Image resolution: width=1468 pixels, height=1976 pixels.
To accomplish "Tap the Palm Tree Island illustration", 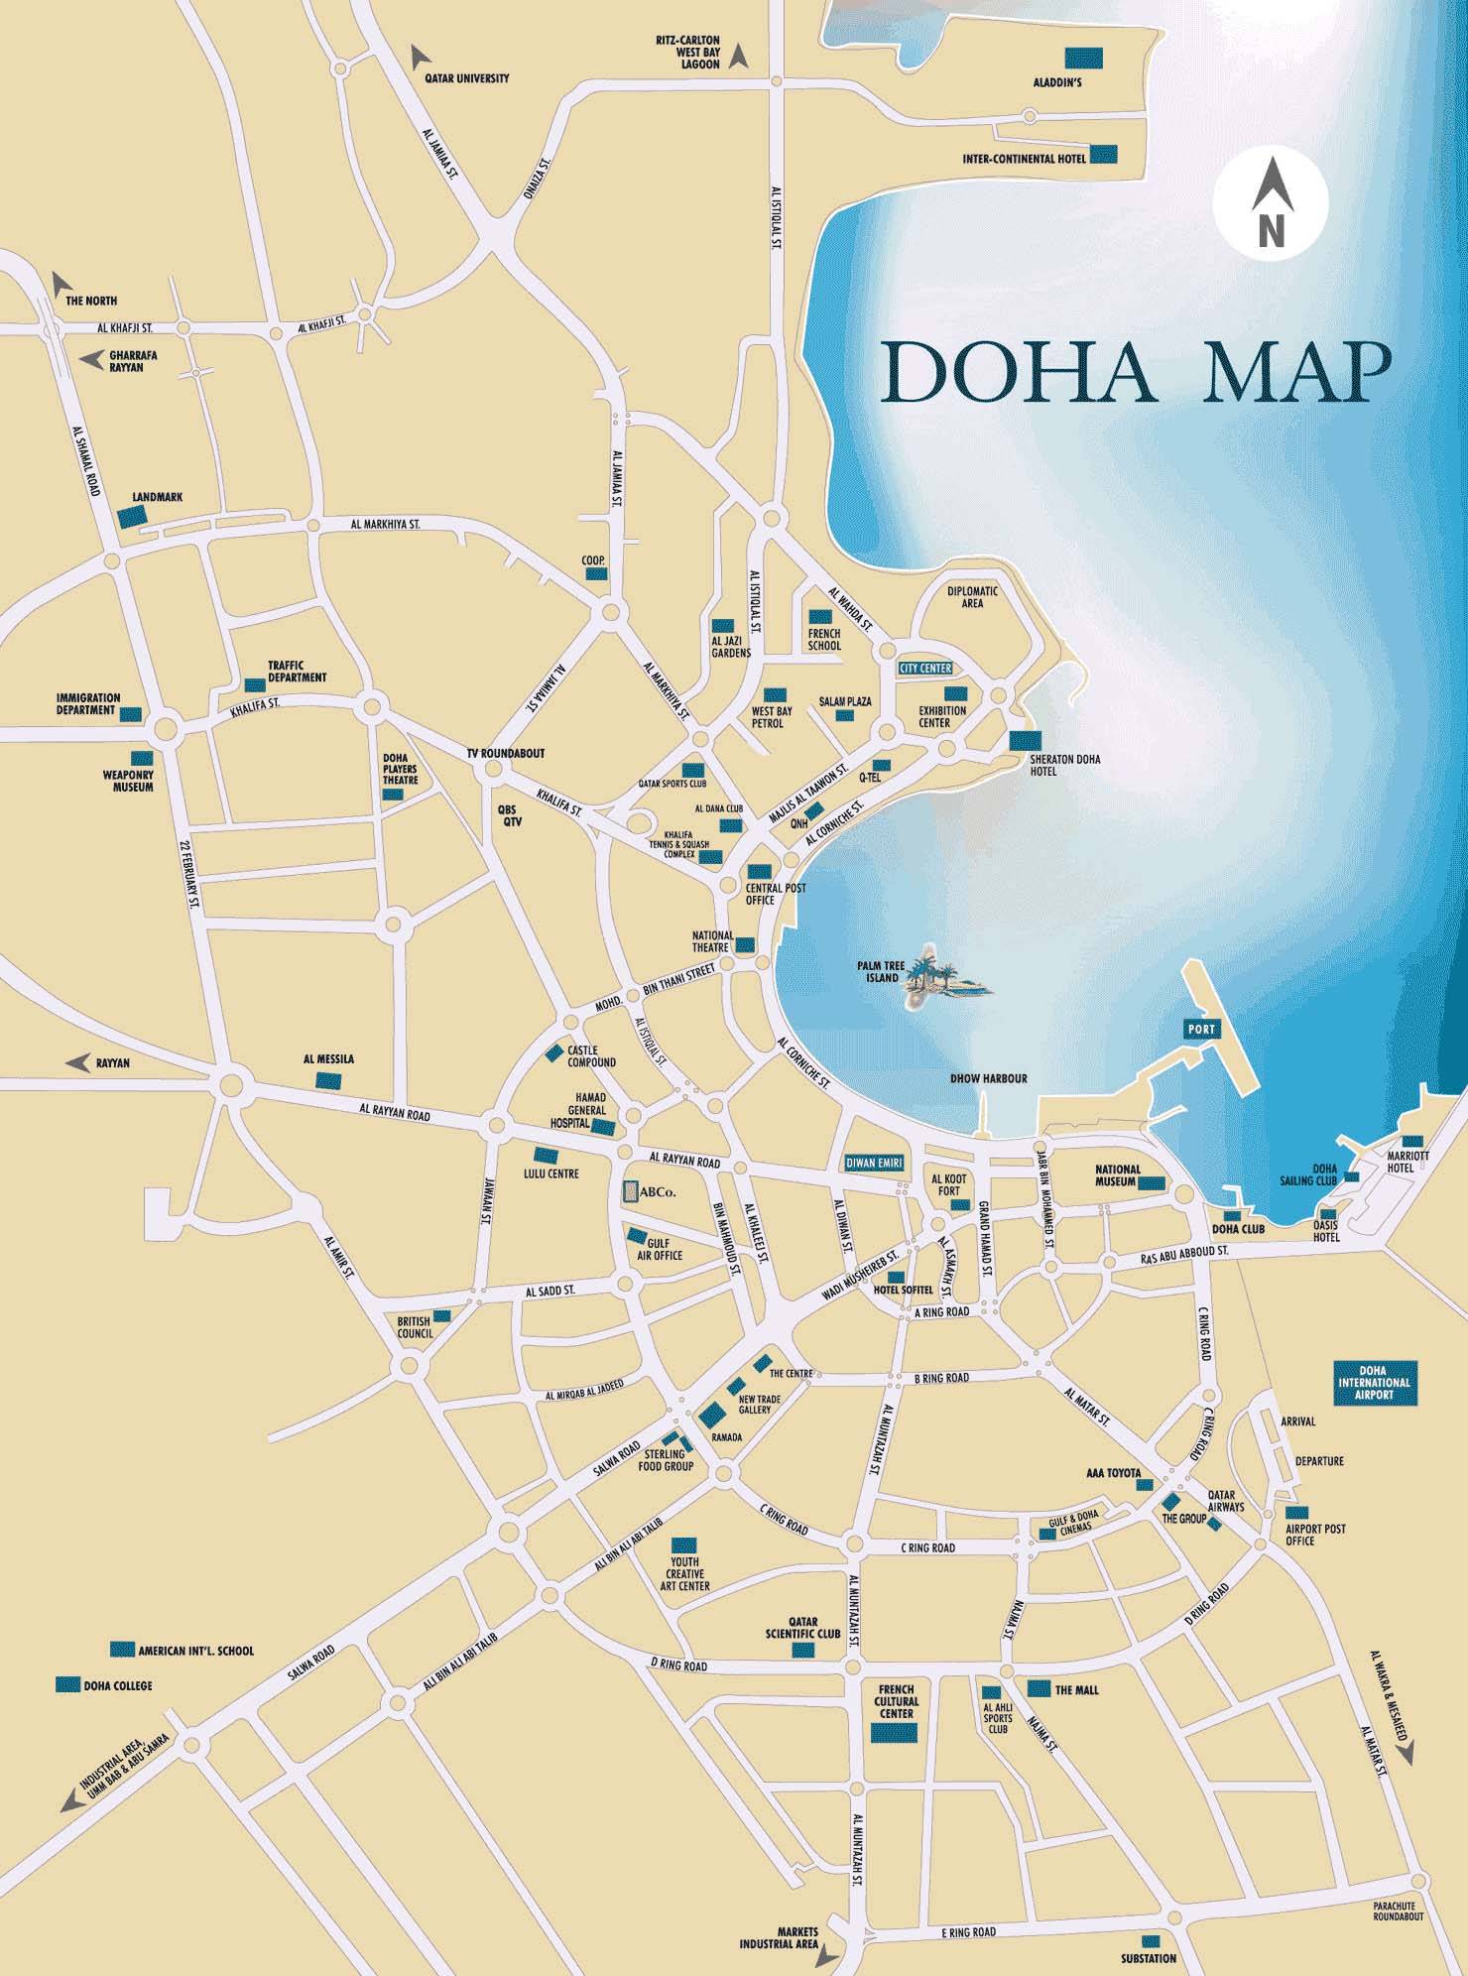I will point(942,976).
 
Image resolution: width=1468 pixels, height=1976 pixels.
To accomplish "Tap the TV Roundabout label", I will point(506,754).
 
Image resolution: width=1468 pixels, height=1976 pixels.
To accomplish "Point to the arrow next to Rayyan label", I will point(77,1062).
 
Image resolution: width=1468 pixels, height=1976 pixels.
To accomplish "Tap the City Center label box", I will point(924,669).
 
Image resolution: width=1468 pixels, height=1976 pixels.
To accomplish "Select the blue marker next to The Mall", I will point(1039,1687).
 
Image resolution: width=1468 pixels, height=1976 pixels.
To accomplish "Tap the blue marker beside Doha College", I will point(67,1684).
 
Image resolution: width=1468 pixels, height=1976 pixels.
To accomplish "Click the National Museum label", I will point(1118,1175).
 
